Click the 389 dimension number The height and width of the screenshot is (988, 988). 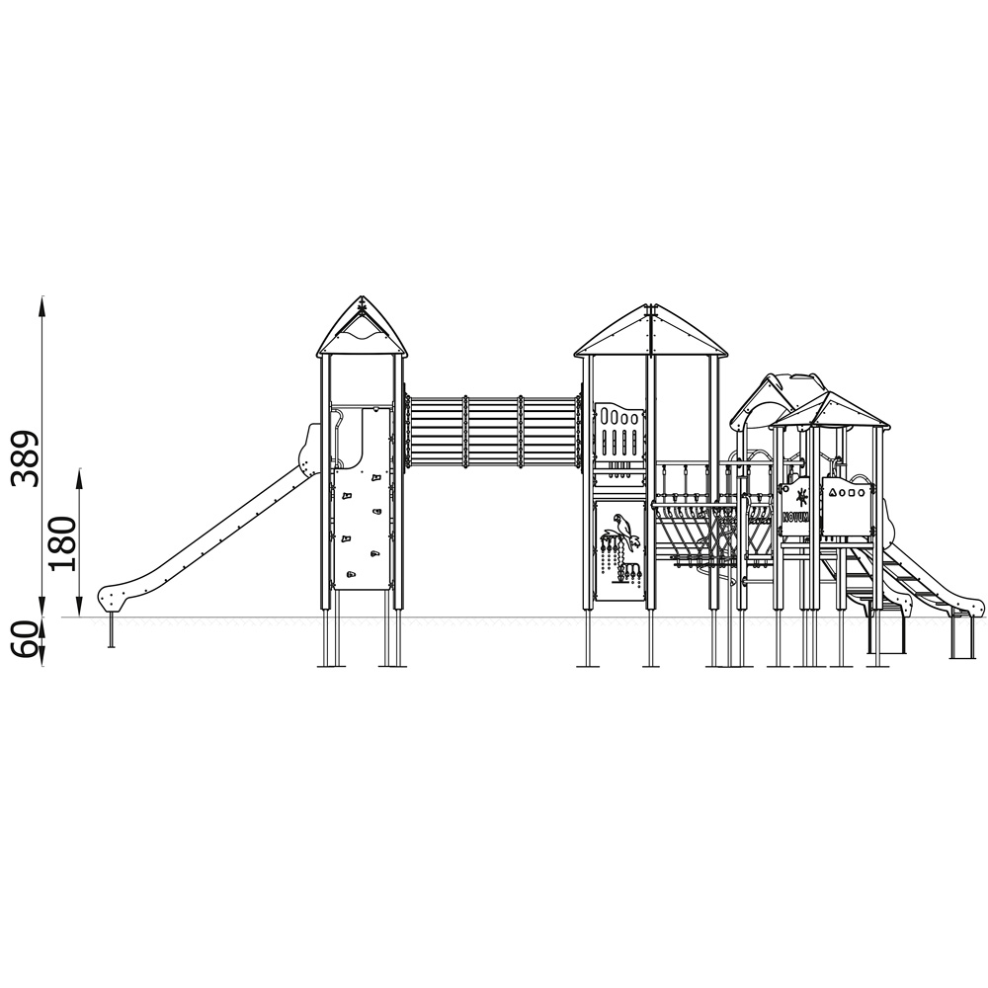27,458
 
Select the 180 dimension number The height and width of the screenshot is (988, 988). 63,543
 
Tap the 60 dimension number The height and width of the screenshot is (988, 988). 27,640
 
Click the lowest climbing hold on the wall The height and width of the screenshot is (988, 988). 351,575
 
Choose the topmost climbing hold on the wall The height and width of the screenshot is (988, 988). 376,478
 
